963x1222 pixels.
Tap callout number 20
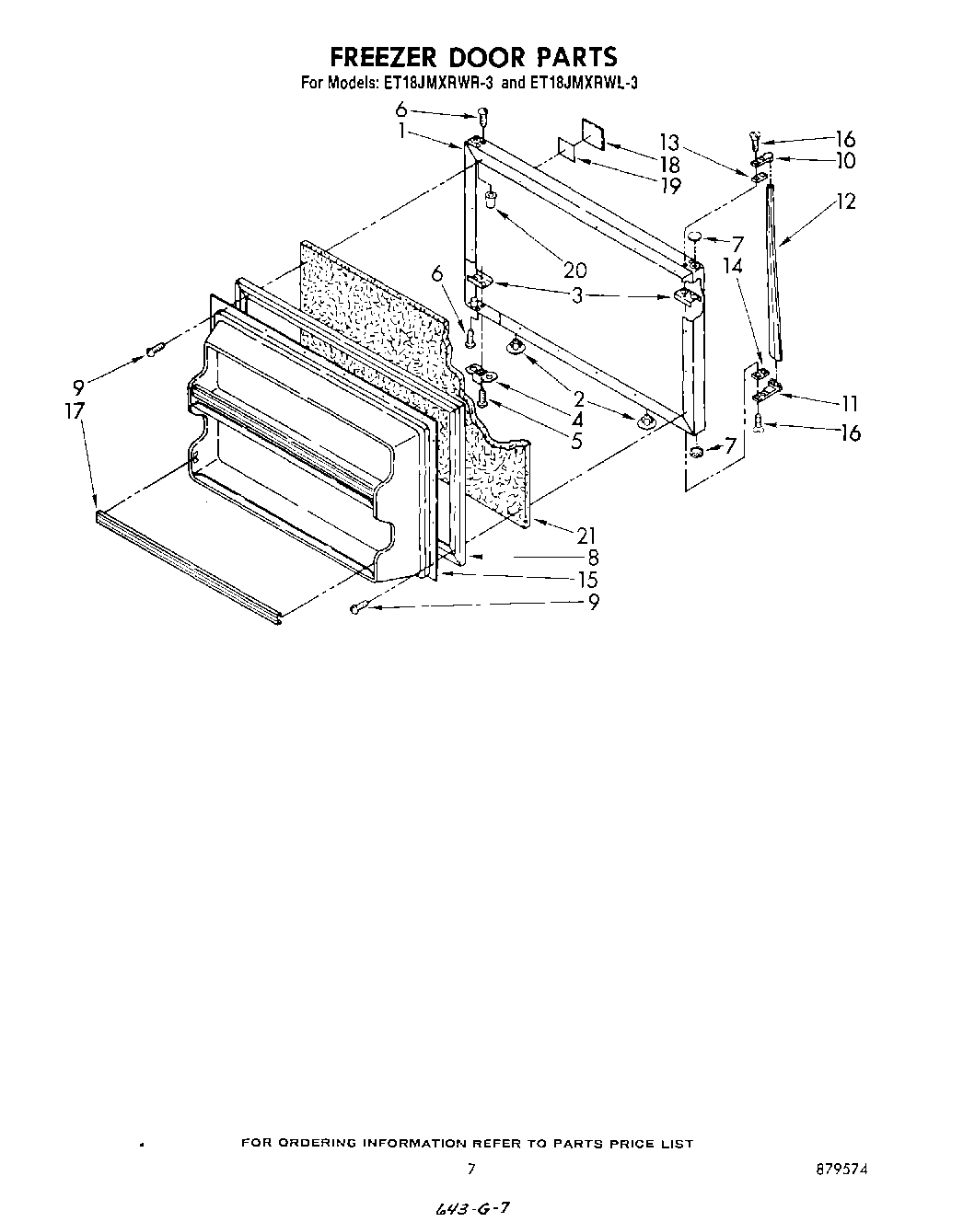point(574,271)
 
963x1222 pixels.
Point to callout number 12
point(845,201)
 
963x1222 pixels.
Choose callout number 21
point(586,535)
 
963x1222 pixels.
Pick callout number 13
point(669,143)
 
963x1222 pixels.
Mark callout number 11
point(849,403)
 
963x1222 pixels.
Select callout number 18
point(669,165)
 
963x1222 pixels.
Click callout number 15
point(586,580)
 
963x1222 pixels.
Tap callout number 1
point(401,130)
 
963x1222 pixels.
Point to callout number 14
point(732,266)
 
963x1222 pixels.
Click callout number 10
point(845,161)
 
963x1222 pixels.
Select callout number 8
point(593,557)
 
